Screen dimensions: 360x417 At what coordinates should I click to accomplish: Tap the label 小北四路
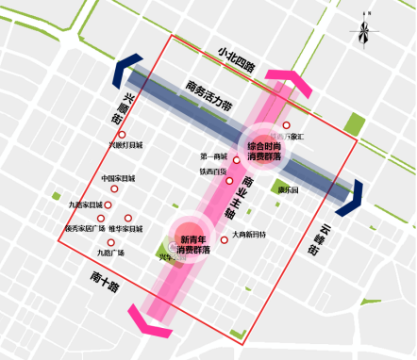[x=236, y=57]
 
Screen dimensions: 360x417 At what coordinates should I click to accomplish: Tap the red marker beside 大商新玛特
[x=224, y=240]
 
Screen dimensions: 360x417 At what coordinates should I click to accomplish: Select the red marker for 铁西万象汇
[x=287, y=125]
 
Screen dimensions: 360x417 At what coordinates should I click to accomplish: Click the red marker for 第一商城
[x=236, y=160]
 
